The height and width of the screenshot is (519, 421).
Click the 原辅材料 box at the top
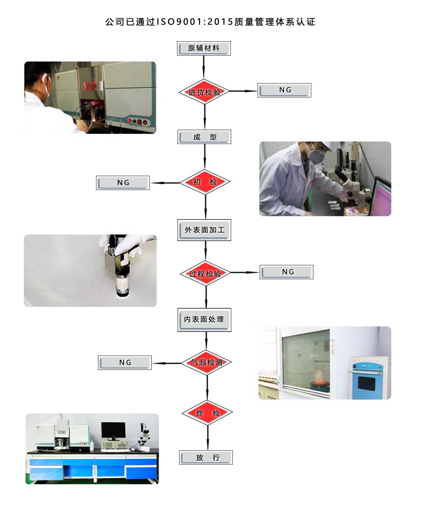204,48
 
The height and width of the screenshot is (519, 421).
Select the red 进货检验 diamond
204,92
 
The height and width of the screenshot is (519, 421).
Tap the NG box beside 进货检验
284,90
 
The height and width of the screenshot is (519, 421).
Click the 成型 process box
204,137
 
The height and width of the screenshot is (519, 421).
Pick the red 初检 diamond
205,182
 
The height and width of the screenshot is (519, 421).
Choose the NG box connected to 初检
123,183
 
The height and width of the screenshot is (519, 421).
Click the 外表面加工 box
204,230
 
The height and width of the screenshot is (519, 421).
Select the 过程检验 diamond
205,274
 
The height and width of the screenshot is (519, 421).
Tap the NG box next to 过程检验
287,272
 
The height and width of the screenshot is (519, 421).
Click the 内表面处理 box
204,320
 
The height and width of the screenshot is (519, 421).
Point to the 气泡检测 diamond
207,362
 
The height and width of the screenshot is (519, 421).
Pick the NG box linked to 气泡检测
125,363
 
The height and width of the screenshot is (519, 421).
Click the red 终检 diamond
207,413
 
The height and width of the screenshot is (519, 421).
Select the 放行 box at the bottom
206,457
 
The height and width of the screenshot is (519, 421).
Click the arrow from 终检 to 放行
208,438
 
